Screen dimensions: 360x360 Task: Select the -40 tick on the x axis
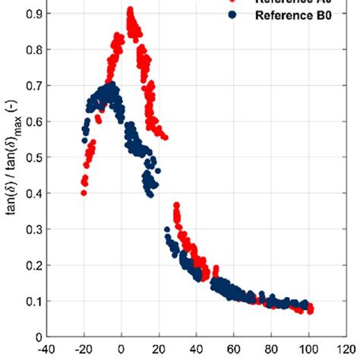46,352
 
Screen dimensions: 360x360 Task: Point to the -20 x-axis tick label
84,352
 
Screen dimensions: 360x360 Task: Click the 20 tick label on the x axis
159,352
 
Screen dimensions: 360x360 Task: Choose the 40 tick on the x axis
197,352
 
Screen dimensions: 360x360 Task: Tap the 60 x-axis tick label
235,352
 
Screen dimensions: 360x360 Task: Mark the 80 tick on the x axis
272,352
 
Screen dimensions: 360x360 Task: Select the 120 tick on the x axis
346,352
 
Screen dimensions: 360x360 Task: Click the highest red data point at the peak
130,11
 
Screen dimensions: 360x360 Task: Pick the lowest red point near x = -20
84,193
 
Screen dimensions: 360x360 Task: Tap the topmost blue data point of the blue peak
111,85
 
